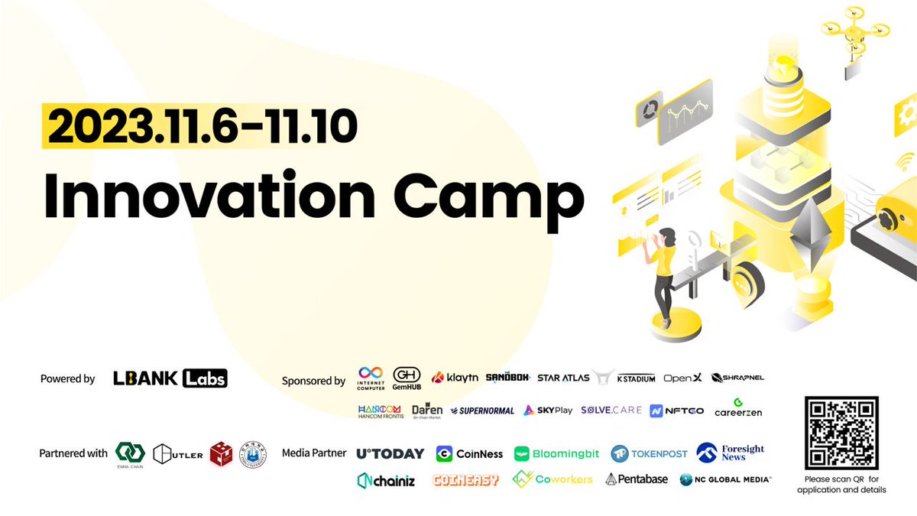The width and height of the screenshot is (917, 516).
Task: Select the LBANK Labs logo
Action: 170,378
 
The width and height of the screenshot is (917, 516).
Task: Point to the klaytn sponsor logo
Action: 455,378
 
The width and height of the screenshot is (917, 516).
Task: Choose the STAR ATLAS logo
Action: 564,378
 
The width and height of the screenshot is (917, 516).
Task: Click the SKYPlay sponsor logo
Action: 548,411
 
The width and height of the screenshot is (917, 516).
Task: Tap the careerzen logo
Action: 737,408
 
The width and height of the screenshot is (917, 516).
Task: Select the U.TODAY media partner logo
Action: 390,453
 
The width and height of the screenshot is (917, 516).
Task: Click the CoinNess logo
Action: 469,454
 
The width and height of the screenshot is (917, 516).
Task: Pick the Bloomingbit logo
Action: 557,454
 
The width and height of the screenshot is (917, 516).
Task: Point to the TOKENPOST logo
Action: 649,454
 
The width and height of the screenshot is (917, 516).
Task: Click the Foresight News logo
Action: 731,453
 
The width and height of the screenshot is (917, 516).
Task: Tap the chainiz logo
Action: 386,480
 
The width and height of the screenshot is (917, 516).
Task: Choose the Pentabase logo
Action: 637,479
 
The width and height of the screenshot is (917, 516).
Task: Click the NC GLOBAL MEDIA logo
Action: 725,479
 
